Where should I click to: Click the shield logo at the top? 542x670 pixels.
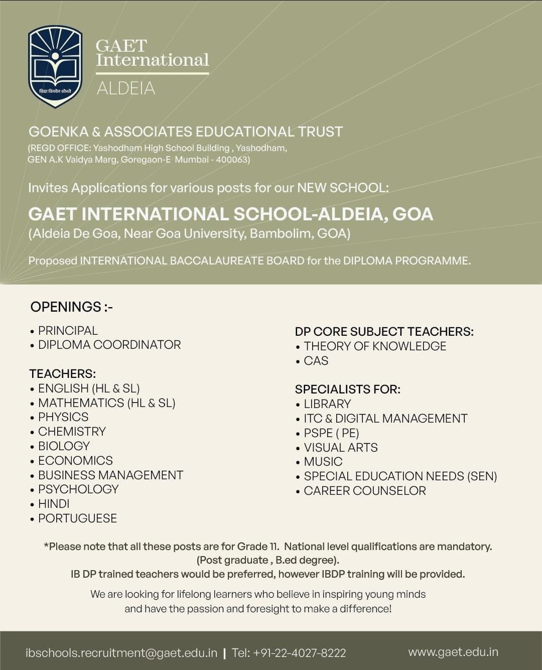55,66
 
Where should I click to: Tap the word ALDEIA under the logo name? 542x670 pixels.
125,88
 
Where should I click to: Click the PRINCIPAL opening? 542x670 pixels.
68,331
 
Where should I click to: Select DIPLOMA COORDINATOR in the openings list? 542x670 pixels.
109,345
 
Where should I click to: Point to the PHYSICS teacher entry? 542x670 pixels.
63,417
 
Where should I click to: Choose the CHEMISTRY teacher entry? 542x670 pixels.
72,432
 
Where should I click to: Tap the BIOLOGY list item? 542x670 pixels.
64,446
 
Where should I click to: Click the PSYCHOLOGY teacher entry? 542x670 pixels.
78,489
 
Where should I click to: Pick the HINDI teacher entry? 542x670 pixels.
54,504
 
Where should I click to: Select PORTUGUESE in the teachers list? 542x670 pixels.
77,518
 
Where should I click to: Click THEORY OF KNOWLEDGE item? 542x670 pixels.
375,346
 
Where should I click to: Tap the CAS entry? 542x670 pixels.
316,361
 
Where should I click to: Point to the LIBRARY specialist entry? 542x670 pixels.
327,404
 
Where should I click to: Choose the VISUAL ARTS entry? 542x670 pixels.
341,448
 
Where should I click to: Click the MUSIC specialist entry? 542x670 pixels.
323,462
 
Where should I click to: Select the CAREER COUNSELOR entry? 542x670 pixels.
365,491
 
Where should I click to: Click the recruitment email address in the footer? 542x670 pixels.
121,653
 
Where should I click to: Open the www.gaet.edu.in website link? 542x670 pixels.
453,652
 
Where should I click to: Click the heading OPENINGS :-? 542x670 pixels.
72,307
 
